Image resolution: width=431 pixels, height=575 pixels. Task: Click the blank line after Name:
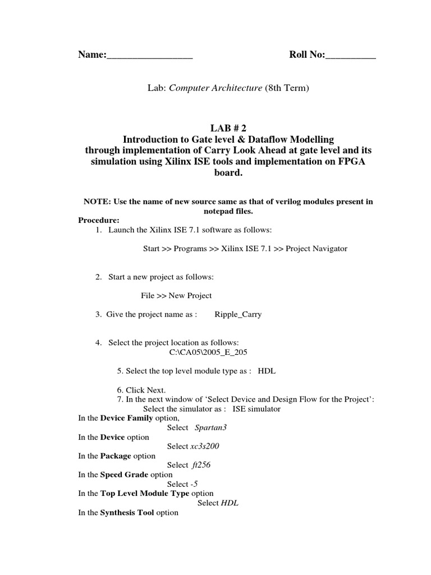[x=149, y=56]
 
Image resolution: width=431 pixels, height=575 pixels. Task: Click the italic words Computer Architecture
[x=215, y=88]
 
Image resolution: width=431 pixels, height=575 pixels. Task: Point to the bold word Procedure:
[x=98, y=220]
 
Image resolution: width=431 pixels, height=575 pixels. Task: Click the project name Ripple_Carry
[x=238, y=314]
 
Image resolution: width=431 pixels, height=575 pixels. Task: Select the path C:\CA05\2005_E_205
[x=208, y=353]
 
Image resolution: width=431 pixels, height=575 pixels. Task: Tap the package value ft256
[x=201, y=465]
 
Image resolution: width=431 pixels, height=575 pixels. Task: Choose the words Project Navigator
[x=317, y=249]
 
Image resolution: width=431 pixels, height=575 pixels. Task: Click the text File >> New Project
[x=176, y=296]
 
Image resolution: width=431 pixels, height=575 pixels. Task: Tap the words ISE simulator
[x=256, y=409]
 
